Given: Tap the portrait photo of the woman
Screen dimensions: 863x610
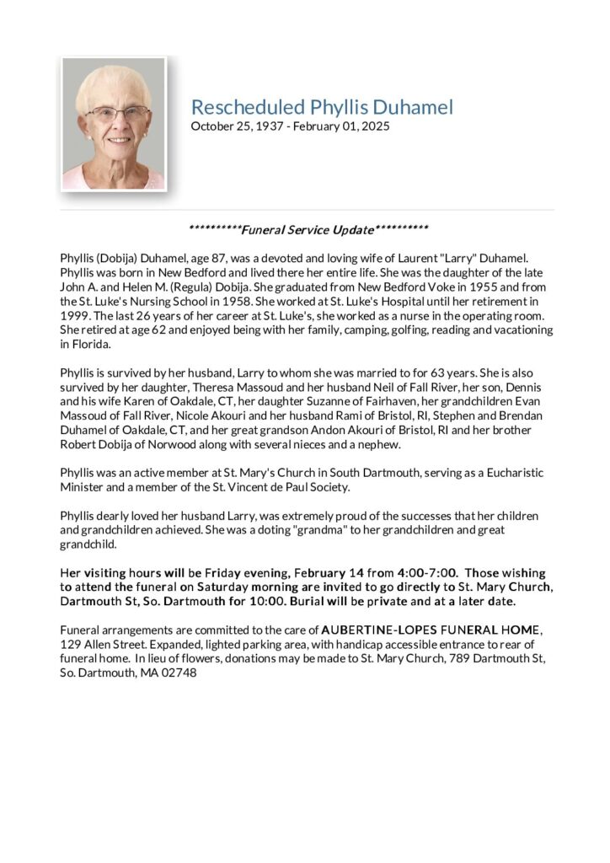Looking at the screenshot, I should click(x=114, y=123).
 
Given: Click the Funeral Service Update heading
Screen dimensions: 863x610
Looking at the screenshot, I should click(x=308, y=229).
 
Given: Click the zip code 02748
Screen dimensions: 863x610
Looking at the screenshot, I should click(x=181, y=673).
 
